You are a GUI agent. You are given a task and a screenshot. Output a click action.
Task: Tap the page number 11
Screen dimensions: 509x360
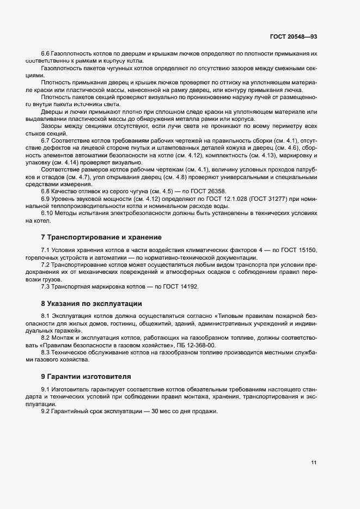[x=314, y=463]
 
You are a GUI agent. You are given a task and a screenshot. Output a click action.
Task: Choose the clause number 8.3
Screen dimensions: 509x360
[x=45, y=353]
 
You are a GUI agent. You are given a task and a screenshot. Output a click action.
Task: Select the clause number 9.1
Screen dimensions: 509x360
[x=45, y=389]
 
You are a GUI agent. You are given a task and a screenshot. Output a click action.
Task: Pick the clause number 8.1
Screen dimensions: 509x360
[x=45, y=316]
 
